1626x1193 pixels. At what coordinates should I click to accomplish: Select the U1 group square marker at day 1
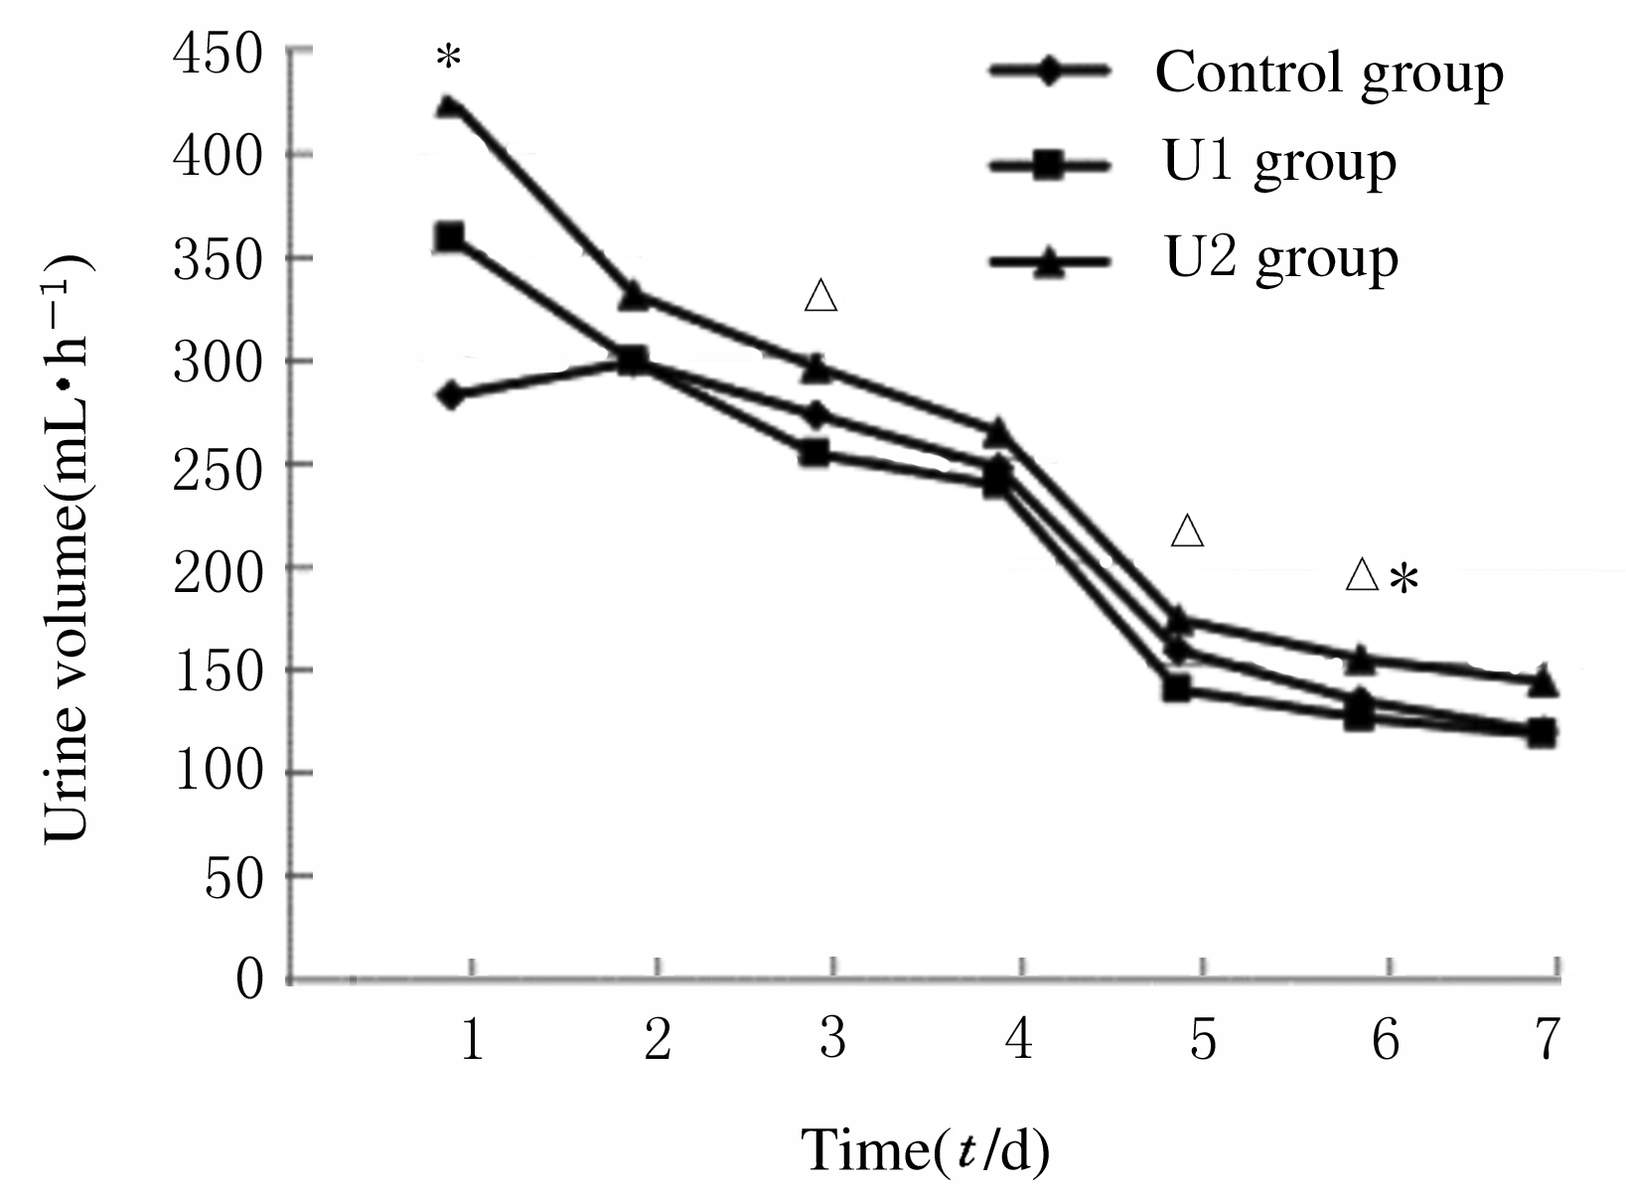click(x=450, y=236)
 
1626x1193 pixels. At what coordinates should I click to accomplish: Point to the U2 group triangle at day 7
click(x=1542, y=681)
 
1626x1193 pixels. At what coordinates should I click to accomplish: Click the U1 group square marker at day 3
click(x=814, y=453)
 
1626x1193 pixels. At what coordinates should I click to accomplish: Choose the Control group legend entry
click(x=1329, y=72)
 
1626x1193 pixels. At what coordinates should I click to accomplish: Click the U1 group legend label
click(x=1279, y=162)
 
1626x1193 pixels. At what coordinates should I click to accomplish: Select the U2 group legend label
click(x=1281, y=258)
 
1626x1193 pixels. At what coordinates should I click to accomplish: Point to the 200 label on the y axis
click(x=220, y=568)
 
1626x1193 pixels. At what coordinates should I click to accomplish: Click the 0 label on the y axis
click(x=248, y=979)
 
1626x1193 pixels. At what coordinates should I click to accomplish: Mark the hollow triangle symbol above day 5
click(x=1188, y=531)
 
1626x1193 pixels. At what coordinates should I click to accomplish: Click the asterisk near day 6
click(x=1404, y=579)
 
